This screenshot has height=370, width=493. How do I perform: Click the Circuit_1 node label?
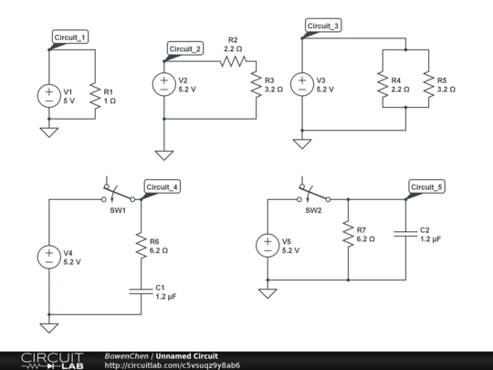point(70,37)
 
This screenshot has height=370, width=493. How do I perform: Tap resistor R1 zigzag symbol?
point(94,95)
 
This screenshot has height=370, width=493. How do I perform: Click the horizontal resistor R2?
point(233,61)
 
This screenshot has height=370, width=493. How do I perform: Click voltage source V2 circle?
point(164,85)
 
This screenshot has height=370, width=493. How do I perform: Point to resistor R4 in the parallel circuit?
point(380,85)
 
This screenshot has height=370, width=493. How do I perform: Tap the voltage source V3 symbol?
point(300,85)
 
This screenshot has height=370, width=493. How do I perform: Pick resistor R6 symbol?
point(141,244)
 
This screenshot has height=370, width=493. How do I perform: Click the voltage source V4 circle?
point(48,256)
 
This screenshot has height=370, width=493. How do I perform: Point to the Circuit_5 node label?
point(427,186)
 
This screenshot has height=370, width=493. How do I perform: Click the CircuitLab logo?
point(52,360)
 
